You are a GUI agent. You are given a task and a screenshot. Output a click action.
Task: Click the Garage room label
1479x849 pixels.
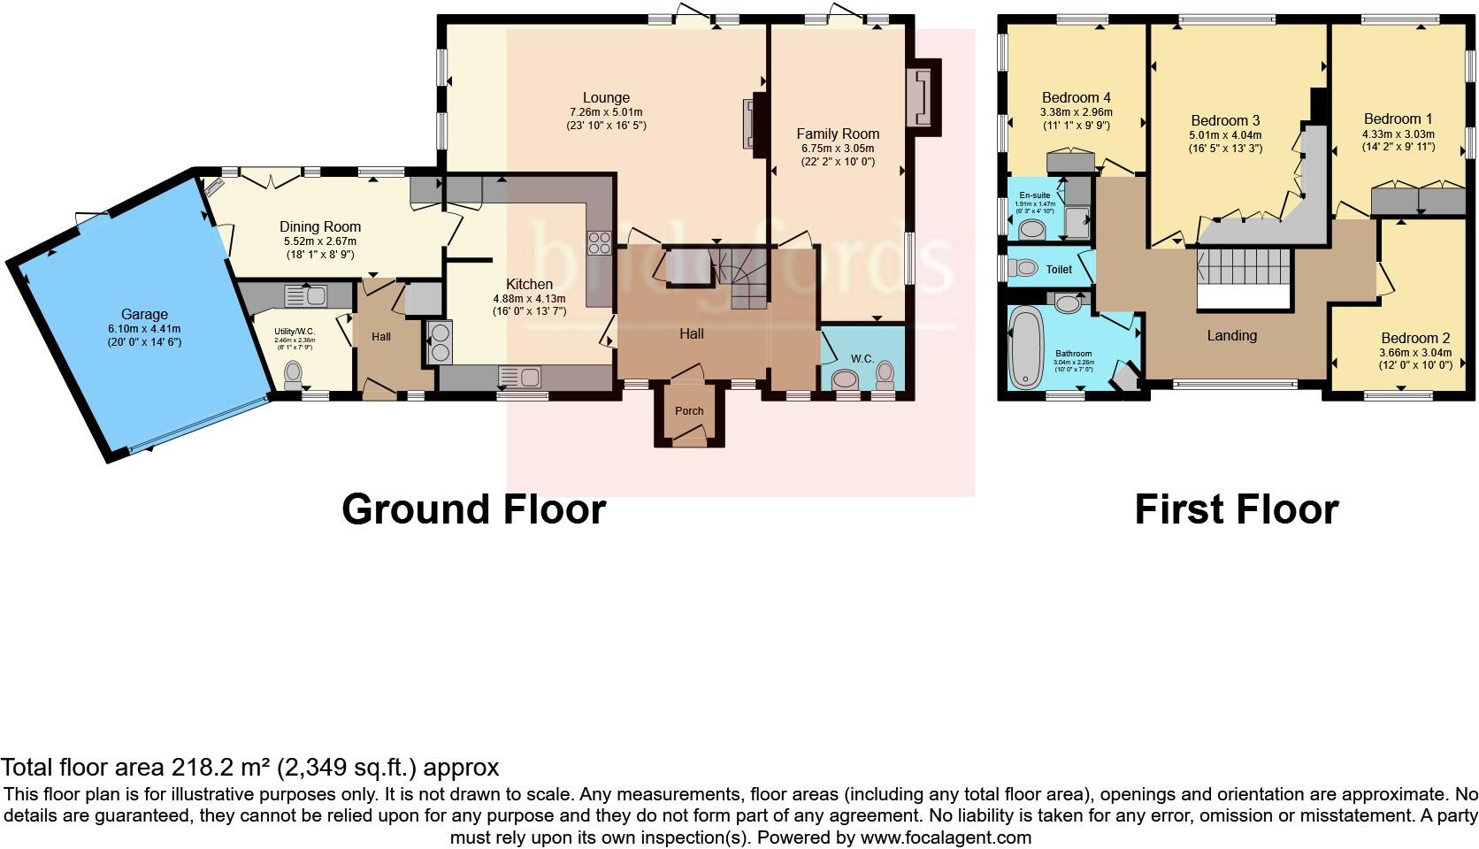point(144,314)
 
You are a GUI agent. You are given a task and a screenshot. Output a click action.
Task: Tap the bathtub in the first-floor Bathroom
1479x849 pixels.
point(1026,348)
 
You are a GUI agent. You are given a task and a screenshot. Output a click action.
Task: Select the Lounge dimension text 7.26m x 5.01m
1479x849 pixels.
point(606,112)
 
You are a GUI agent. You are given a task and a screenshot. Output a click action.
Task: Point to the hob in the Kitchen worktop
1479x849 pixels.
point(599,241)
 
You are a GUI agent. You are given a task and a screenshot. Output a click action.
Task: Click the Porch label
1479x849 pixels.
point(689,410)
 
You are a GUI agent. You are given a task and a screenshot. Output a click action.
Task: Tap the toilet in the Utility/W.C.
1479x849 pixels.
point(294,376)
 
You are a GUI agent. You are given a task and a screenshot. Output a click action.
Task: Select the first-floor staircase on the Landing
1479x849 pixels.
point(1244,265)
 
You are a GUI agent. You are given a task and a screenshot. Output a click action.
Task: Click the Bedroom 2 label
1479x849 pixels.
point(1415,338)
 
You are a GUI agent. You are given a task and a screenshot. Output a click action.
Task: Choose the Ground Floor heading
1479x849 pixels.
point(473,510)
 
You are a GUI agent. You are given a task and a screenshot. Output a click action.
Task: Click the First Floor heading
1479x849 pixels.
point(1236,510)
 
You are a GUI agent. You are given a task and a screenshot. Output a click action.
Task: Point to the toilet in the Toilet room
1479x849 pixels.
point(1023,268)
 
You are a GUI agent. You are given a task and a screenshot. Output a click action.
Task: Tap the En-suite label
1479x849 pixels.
point(1034,195)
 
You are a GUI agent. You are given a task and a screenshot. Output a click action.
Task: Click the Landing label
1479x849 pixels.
point(1231,335)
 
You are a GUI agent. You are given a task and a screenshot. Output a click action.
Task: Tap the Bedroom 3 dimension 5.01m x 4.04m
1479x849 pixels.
point(1225,135)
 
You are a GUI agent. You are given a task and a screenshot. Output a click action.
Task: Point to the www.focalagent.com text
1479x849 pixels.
point(945,837)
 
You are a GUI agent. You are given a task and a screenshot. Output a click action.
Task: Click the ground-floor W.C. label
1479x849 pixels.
point(862,358)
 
